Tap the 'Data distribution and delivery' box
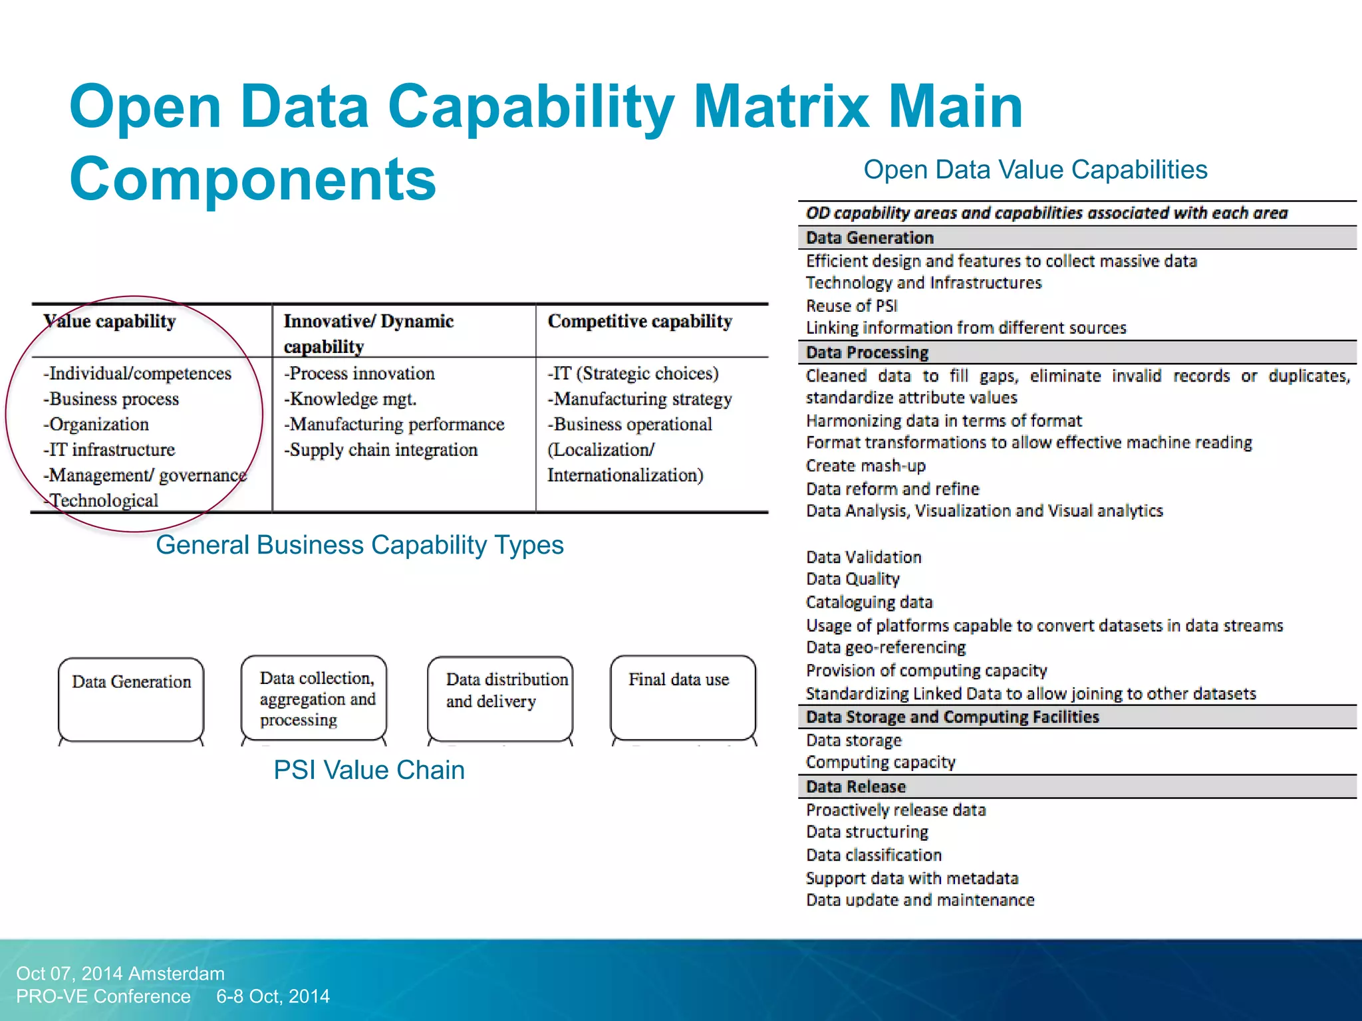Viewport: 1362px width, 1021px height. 500,698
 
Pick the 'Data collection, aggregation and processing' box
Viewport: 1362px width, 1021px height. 314,698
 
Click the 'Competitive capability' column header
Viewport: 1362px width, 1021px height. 640,321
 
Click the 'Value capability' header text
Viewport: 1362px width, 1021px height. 110,321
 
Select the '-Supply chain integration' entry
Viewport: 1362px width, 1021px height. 381,450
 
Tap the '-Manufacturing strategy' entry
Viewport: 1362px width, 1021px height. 640,399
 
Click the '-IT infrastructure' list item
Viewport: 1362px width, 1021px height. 109,450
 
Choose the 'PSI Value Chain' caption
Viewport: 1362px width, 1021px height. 369,770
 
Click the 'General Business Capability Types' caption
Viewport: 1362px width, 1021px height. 360,545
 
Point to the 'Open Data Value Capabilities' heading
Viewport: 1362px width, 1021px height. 1035,170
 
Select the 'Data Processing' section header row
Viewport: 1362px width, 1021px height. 867,352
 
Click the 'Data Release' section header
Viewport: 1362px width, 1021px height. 856,786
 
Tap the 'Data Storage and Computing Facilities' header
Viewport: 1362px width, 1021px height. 952,717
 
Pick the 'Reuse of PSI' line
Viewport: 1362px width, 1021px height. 852,306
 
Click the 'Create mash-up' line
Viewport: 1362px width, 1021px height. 866,466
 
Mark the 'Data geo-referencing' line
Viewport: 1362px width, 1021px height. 886,647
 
